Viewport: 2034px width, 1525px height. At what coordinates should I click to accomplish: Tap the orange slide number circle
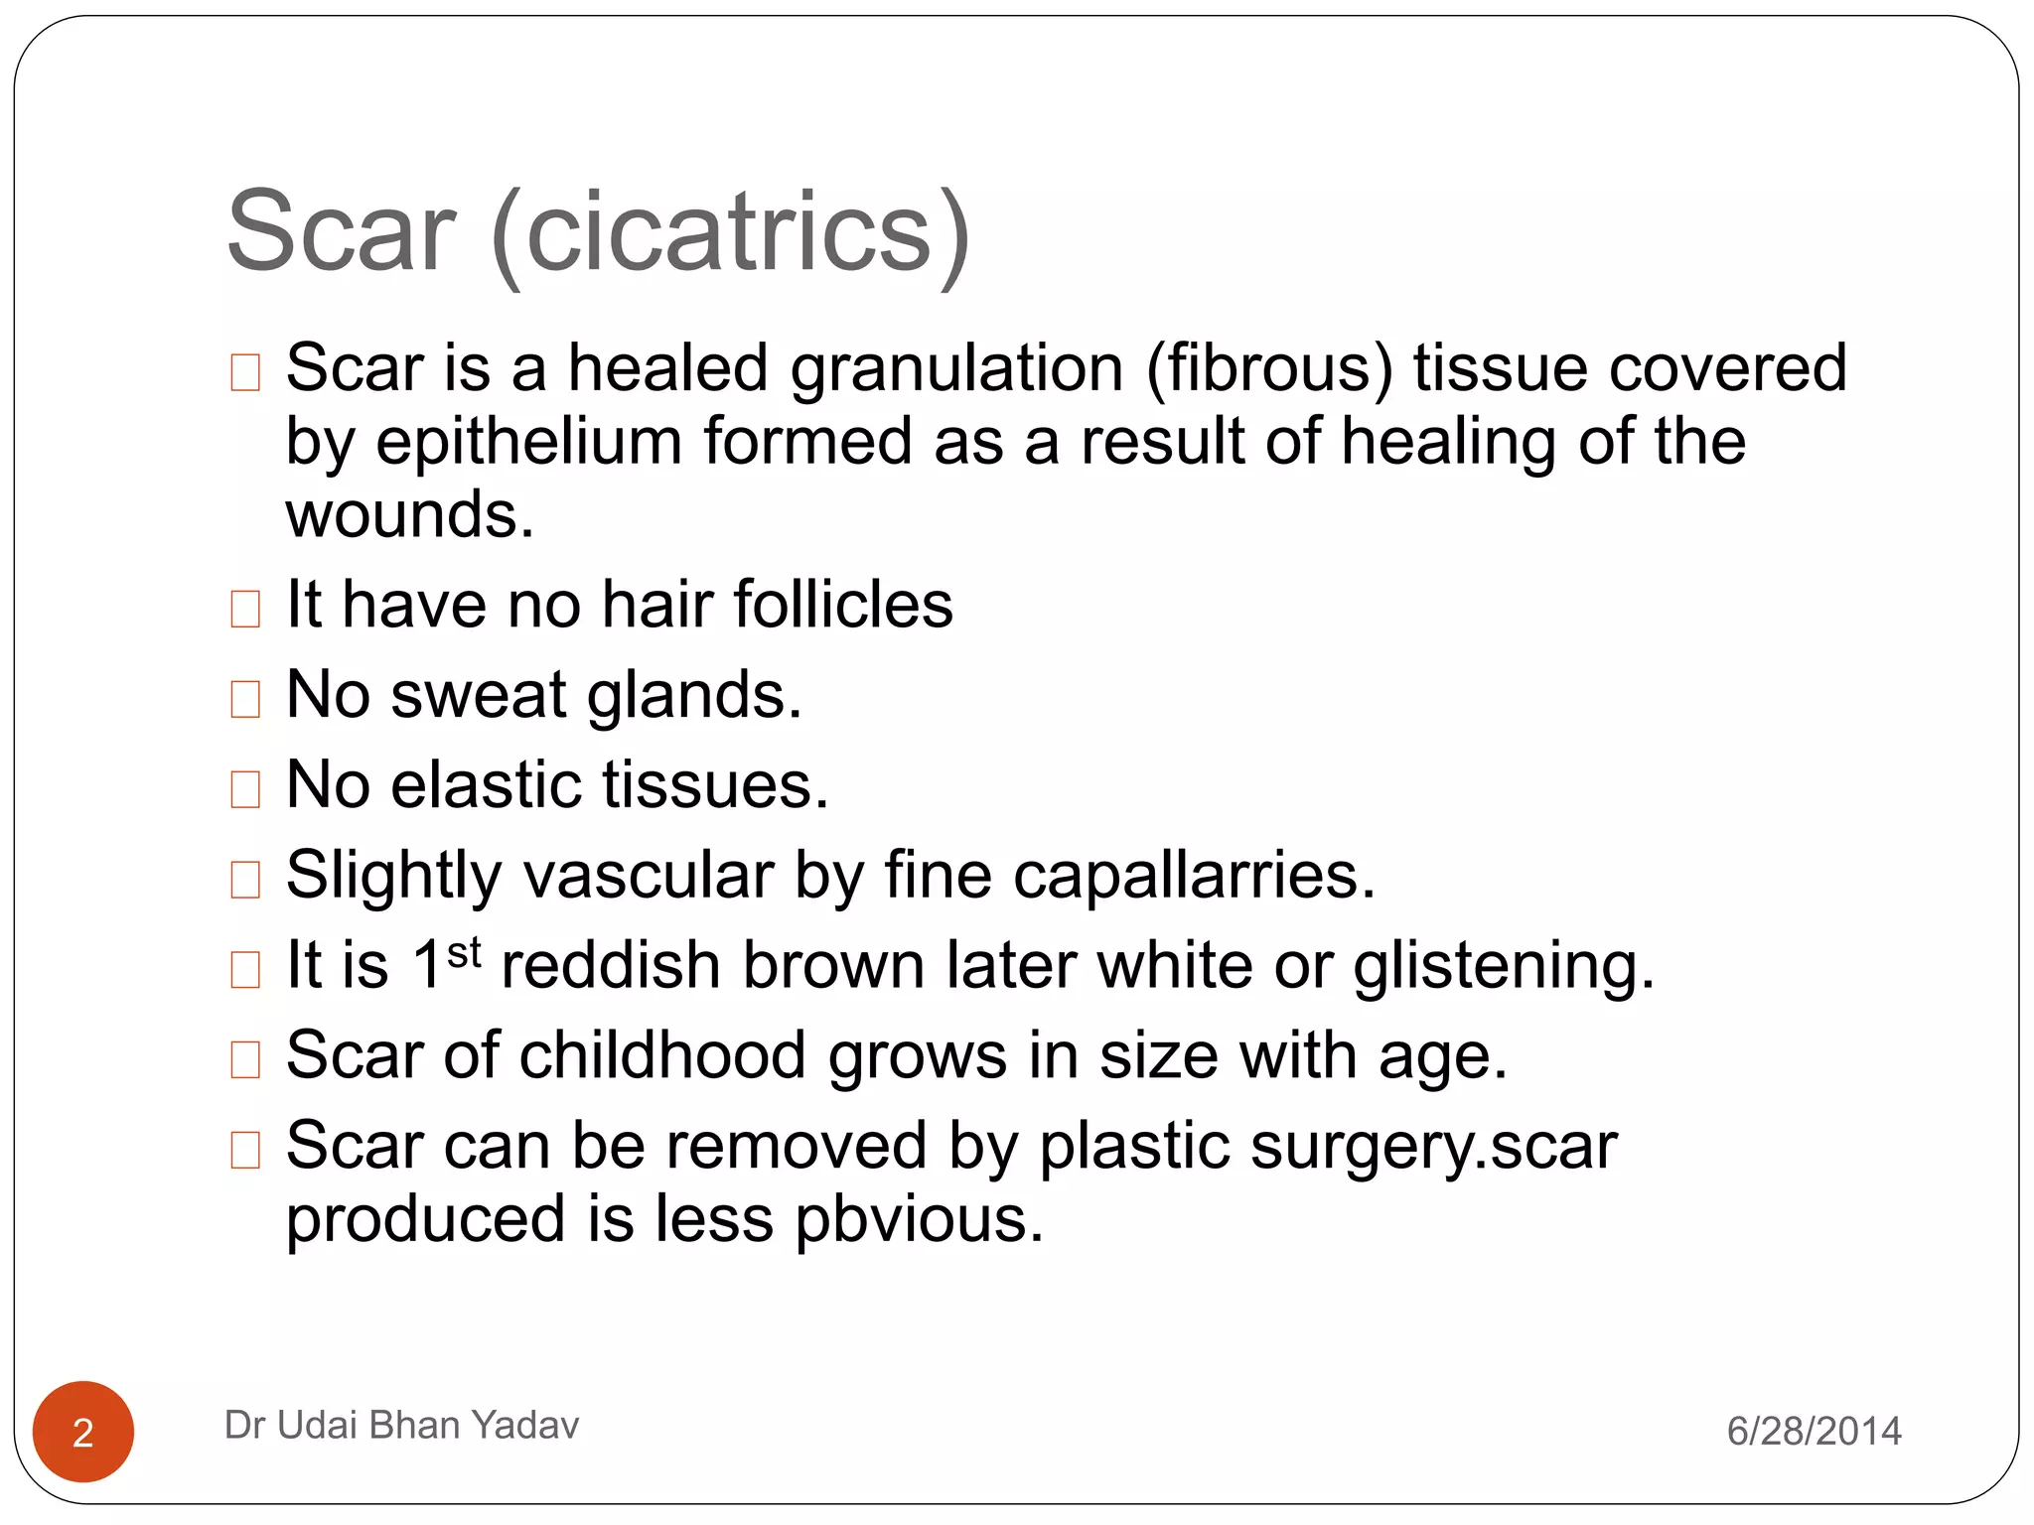83,1432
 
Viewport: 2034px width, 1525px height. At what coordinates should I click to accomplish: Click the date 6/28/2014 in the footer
1814,1431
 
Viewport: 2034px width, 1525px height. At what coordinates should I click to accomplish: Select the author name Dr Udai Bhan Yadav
401,1425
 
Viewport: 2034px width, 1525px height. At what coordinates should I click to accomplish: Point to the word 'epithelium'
528,442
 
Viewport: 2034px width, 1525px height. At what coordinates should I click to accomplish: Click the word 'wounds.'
409,515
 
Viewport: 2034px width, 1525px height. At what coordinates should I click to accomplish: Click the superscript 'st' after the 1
464,953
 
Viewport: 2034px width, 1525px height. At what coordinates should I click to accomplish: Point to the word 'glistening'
1503,966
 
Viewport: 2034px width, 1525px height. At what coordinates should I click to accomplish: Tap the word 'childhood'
662,1055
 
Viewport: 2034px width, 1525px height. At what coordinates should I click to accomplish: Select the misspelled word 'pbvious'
919,1220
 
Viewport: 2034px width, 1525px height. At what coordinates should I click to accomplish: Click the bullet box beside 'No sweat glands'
245,699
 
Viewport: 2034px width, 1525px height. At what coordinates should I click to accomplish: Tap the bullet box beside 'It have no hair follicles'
245,609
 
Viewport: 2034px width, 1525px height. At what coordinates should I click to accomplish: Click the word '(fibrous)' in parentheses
1269,368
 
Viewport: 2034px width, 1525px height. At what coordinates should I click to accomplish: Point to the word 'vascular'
649,876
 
